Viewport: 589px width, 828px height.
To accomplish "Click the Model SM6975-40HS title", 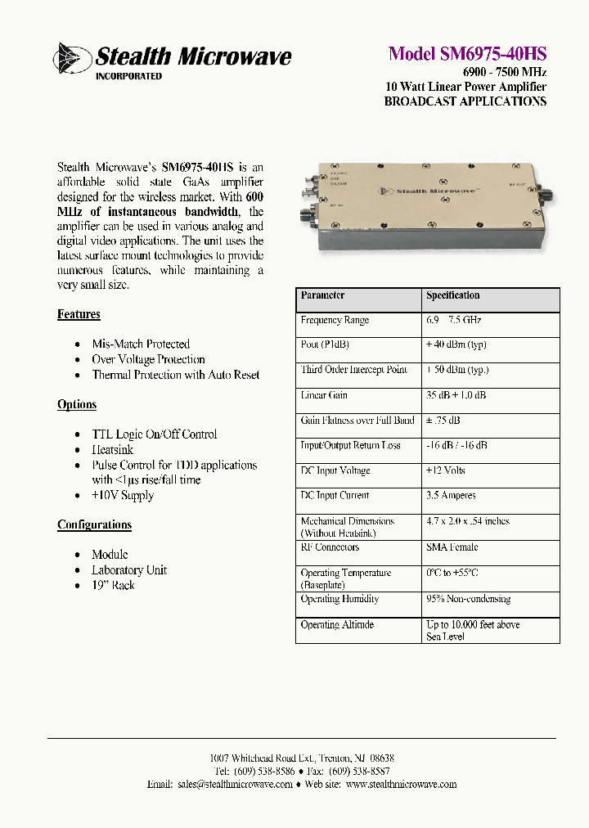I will point(467,54).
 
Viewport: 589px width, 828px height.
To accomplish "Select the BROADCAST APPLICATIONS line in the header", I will point(465,101).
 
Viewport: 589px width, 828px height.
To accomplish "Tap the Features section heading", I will point(79,314).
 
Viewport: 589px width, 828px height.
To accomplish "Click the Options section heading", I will point(77,404).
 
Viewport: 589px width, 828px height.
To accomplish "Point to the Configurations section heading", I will point(94,524).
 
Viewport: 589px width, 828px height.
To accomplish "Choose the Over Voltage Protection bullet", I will point(148,359).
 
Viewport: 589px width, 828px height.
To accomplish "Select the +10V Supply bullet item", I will point(122,495).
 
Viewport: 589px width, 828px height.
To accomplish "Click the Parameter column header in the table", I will point(322,295).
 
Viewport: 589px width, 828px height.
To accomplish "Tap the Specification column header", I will point(452,295).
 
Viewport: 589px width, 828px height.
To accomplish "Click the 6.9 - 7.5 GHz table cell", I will point(454,320).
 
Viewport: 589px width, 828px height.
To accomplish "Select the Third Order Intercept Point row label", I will point(353,370).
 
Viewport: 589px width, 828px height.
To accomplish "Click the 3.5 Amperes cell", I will point(451,495).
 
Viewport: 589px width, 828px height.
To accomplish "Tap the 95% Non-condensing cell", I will point(468,599).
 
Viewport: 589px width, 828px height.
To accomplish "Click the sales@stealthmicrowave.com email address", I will point(234,784).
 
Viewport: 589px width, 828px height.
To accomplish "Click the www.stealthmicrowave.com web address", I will point(401,784).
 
